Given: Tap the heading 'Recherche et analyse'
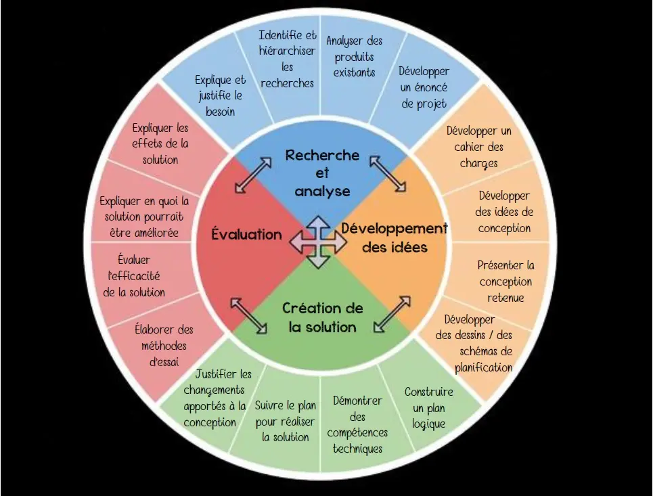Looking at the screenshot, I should pos(322,173).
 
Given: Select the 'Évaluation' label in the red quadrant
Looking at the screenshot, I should pos(246,235).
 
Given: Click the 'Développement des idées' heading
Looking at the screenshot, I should pos(395,238).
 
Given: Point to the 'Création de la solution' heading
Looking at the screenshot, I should pos(322,317).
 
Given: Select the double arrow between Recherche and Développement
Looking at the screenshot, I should pos(388,173).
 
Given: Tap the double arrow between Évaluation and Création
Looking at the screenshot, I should pos(249,315).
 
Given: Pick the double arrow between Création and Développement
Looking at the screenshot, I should pos(392,313).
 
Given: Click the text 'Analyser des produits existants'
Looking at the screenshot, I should pos(354,57).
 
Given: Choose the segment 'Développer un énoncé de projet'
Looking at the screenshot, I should pos(424,87).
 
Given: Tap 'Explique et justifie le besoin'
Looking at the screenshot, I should pos(220,95).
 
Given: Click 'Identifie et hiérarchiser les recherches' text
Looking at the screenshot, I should pos(288,59).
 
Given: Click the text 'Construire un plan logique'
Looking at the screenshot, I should pos(429,408).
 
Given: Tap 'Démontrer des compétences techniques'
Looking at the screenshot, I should pos(358,424).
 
